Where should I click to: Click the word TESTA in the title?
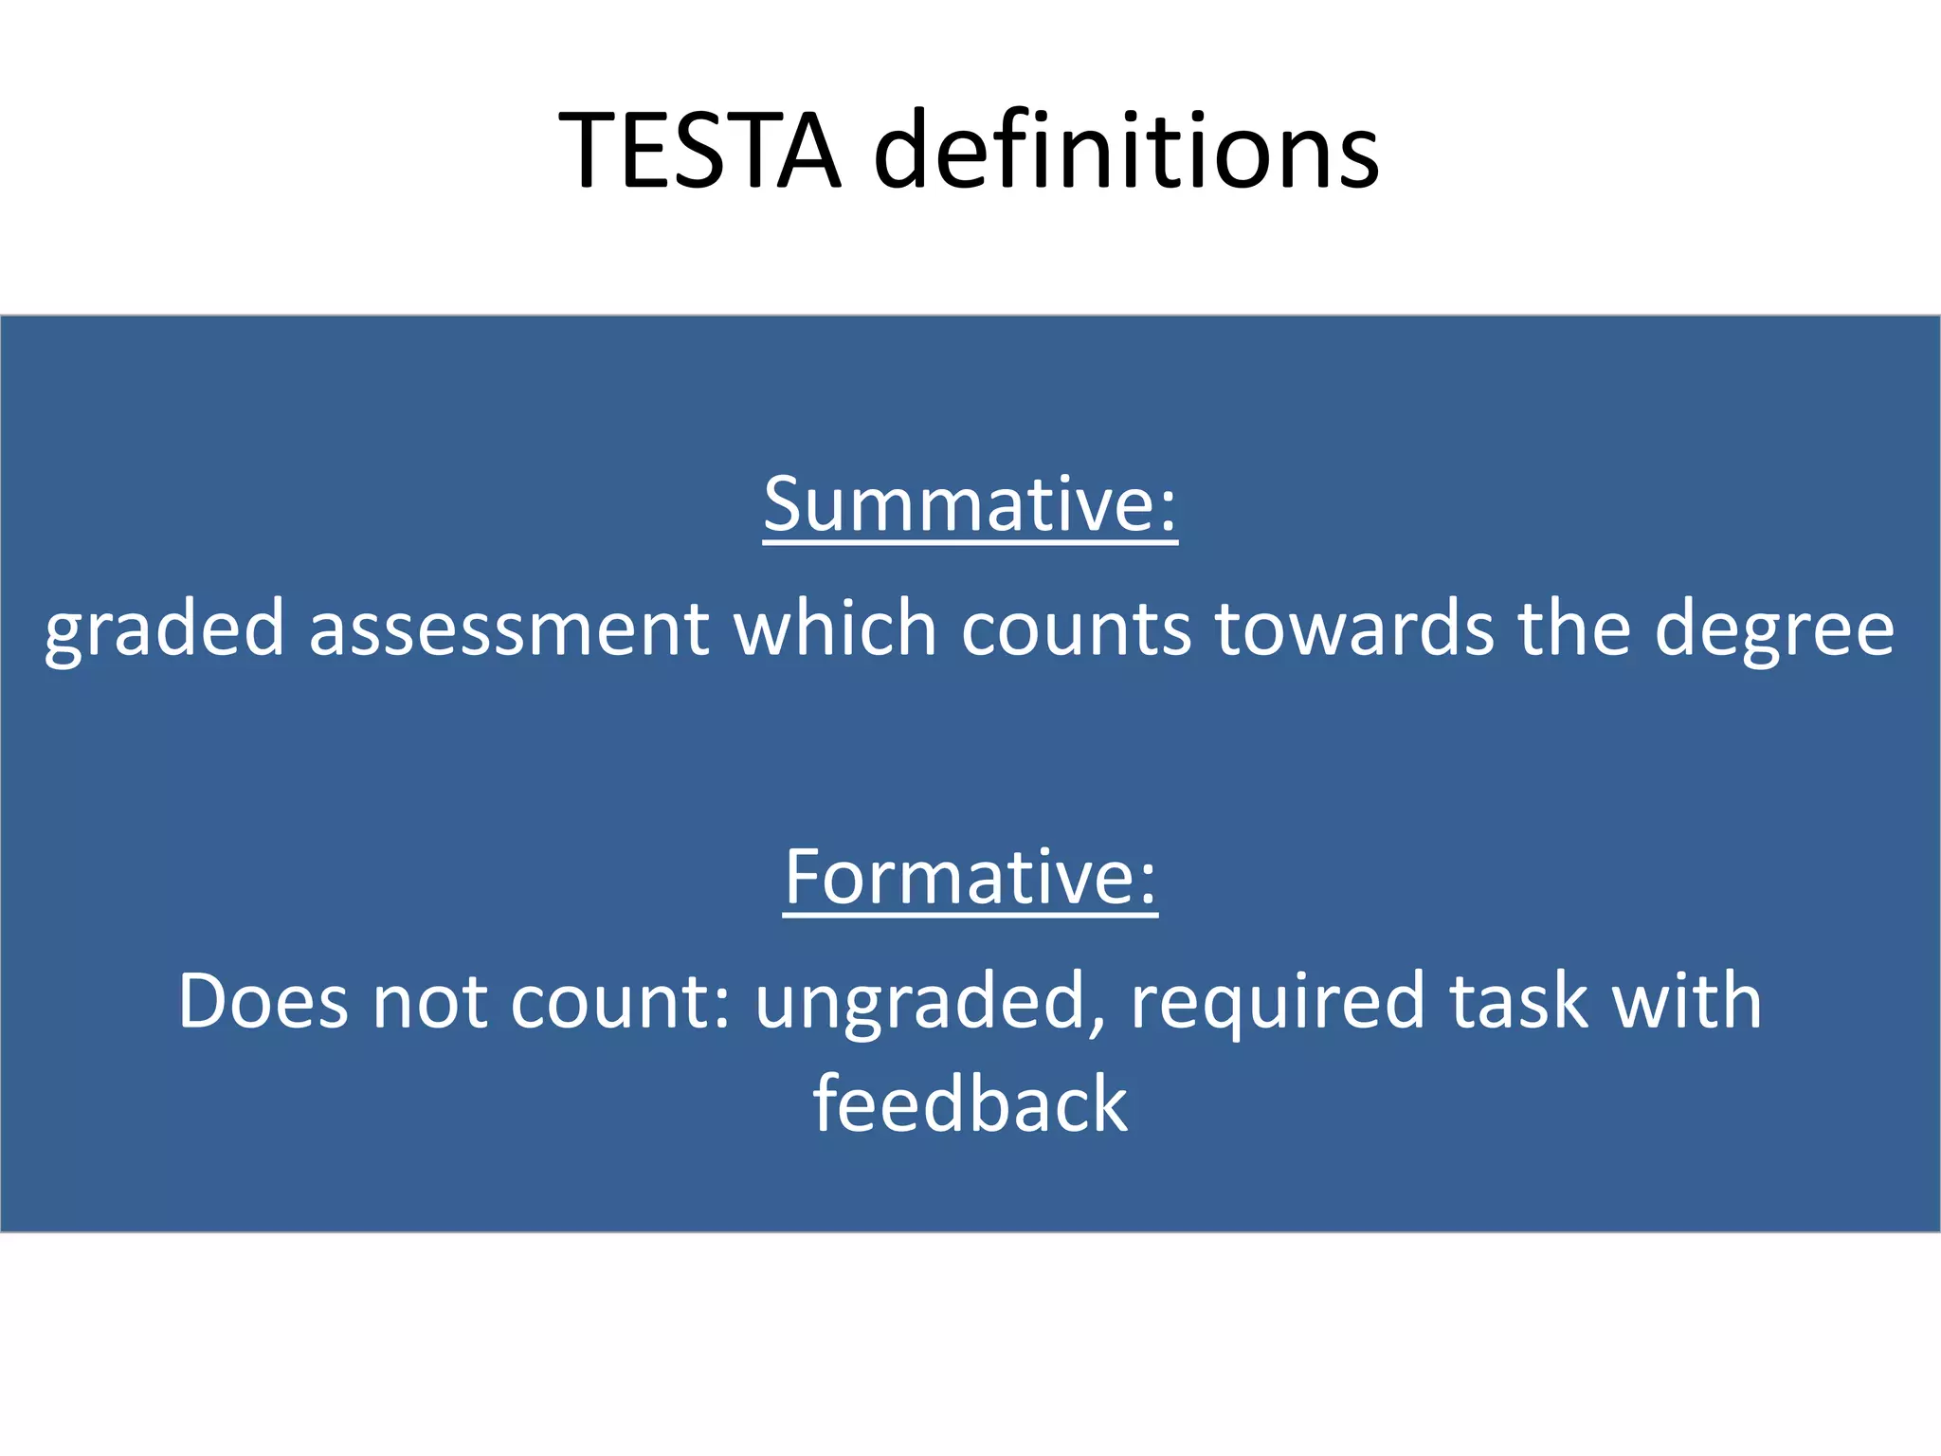[x=699, y=151]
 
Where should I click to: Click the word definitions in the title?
[x=1126, y=151]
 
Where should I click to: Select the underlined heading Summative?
[x=970, y=504]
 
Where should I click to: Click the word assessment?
[x=509, y=628]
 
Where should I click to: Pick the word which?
[x=835, y=628]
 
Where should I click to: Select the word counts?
[x=1076, y=628]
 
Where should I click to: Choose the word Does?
[x=263, y=1001]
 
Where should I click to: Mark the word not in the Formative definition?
[x=429, y=1001]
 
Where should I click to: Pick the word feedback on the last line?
[x=970, y=1104]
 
